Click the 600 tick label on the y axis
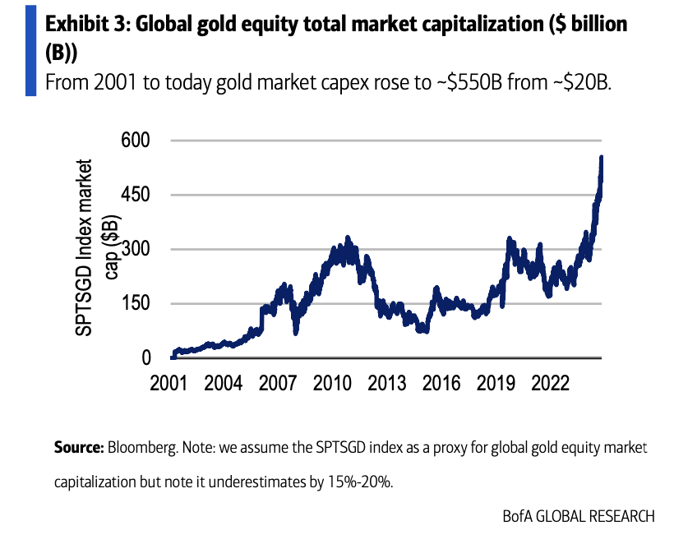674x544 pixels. point(137,141)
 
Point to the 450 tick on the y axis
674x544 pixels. point(137,195)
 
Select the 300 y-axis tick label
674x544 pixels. point(137,249)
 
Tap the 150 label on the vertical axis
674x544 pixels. point(137,303)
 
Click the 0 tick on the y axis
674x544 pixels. point(145,357)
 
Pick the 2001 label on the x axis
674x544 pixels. point(169,385)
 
